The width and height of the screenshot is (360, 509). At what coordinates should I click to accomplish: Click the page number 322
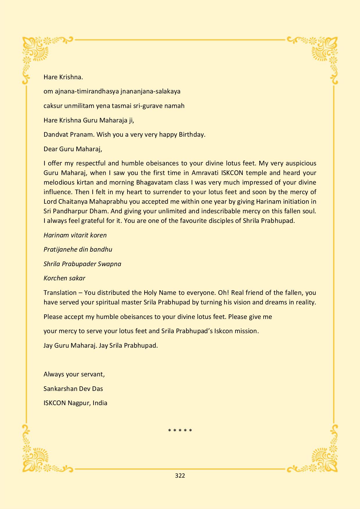point(180,475)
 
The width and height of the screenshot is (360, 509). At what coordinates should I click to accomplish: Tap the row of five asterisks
point(180,430)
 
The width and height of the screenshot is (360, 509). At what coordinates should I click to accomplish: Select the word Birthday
point(192,135)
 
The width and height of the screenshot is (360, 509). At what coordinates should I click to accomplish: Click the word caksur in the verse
point(53,106)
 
